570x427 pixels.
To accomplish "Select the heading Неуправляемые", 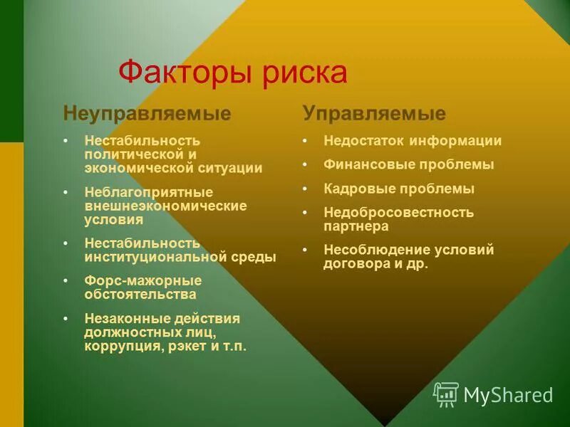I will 147,113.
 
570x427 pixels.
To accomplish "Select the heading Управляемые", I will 374,113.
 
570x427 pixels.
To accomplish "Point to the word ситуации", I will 231,168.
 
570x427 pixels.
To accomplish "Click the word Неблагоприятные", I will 148,192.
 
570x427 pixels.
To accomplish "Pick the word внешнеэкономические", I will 165,206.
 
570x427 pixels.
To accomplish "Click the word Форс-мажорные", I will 142,280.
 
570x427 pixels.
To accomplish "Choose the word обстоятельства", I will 140,294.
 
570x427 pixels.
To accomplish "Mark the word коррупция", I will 124,347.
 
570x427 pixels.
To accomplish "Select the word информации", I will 460,141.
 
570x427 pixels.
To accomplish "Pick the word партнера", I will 356,226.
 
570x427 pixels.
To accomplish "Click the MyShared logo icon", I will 446,394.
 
